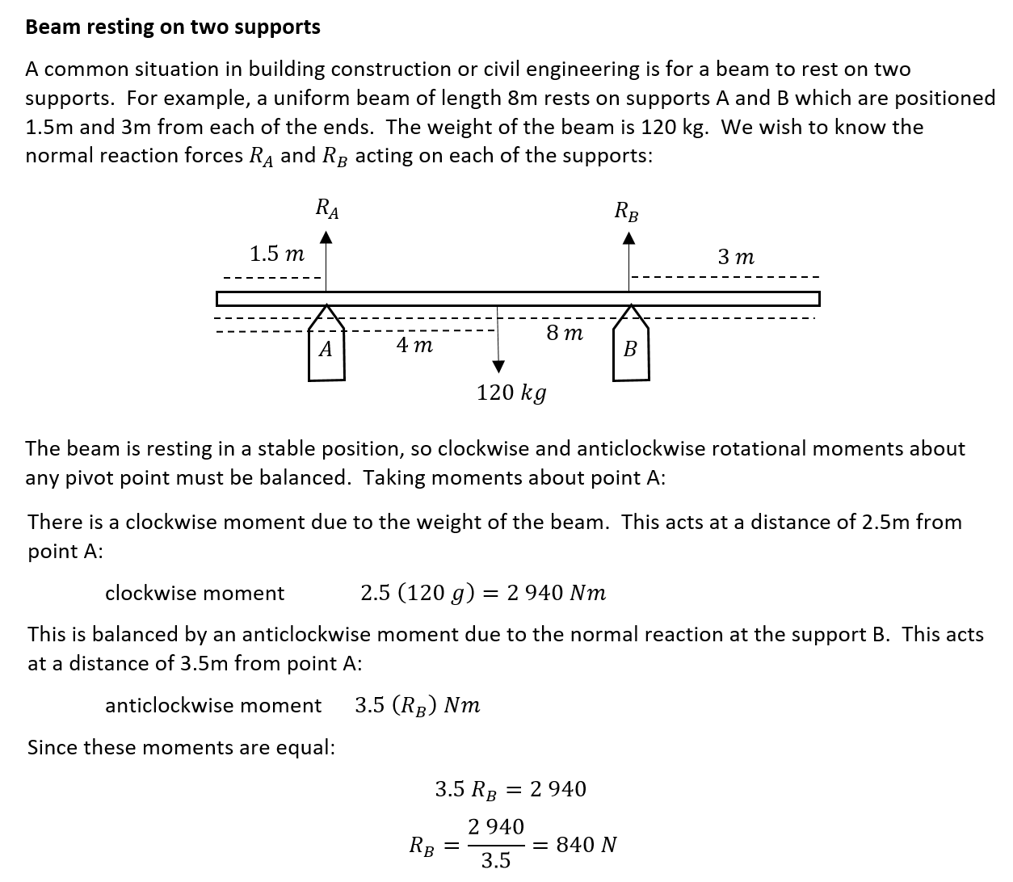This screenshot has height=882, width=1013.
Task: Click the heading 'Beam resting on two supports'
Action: pos(173,27)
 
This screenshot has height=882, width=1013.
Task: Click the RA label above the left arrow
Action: pos(326,209)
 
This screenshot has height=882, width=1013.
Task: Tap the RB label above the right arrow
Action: pos(627,212)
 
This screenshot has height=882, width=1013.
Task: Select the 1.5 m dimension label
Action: pos(276,254)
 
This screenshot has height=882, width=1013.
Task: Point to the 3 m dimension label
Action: pos(736,258)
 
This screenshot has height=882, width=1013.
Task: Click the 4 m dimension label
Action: pos(414,346)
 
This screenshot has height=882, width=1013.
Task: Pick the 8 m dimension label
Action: pos(565,333)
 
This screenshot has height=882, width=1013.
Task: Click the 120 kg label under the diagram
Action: pos(511,393)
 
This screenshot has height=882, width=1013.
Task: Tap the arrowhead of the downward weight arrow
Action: pos(498,367)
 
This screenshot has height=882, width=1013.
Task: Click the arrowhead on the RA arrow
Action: pos(326,237)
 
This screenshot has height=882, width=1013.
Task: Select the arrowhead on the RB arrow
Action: pos(629,237)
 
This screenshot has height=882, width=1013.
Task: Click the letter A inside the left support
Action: pos(326,350)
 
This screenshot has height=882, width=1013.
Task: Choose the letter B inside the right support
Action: pos(630,350)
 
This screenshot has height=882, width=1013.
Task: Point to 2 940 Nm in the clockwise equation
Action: pos(556,594)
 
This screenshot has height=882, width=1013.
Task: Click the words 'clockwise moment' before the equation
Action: pos(195,594)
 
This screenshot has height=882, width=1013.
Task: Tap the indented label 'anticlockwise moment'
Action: pos(213,706)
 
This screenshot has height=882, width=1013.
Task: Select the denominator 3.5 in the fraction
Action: pos(496,861)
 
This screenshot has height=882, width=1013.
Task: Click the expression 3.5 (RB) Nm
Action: pos(418,706)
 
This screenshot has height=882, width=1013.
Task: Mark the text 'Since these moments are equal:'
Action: pos(181,748)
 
